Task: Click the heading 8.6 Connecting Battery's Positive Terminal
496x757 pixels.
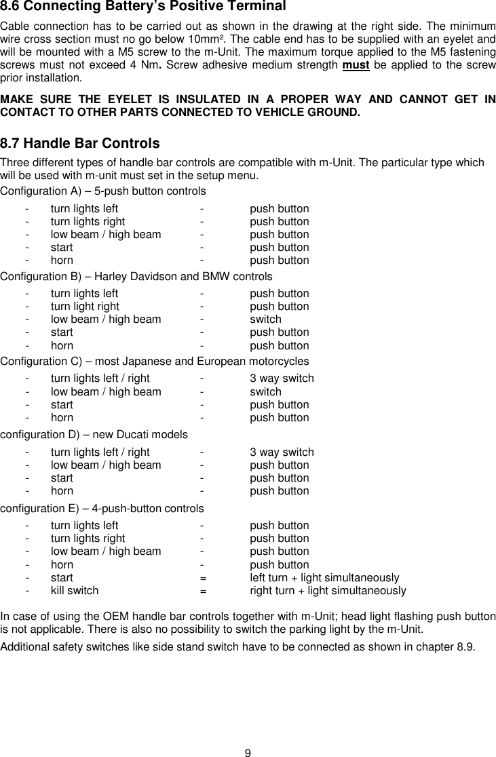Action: (x=143, y=7)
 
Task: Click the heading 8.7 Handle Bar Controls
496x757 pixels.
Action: (x=80, y=144)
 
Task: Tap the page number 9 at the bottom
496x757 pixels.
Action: (x=248, y=752)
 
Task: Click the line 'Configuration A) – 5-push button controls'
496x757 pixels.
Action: (x=103, y=191)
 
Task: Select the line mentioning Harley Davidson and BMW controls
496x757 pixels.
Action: (x=136, y=277)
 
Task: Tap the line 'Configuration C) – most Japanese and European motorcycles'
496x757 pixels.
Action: (x=155, y=362)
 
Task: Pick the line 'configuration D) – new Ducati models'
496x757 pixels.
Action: (x=94, y=434)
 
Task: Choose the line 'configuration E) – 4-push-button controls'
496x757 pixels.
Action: (x=102, y=508)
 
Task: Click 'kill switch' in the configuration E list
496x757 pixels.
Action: (x=75, y=591)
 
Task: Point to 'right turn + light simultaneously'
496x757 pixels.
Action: (x=328, y=591)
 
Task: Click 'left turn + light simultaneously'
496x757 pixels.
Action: (x=324, y=578)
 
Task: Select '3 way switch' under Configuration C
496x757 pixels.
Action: (x=282, y=378)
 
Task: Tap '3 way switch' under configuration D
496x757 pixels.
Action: (x=282, y=452)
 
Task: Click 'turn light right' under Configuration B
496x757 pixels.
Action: (x=85, y=307)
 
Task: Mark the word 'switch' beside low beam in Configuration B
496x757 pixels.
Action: (x=265, y=319)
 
